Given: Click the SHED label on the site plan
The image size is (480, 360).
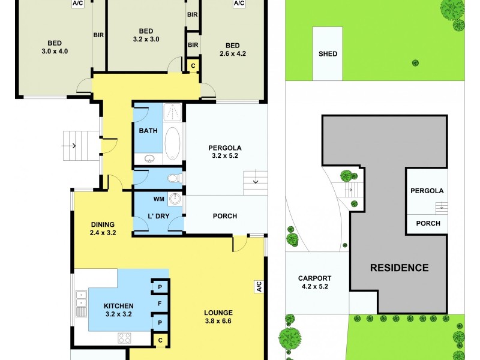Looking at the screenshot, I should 328,54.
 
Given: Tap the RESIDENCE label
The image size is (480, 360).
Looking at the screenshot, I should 399,268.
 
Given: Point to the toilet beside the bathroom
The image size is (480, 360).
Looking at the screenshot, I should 173,178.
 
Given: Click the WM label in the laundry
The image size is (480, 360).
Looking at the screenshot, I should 158,199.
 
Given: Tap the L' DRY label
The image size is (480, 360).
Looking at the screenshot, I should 158,216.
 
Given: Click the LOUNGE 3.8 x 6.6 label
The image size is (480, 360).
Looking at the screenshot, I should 218,316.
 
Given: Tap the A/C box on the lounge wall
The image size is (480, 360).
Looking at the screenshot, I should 259,287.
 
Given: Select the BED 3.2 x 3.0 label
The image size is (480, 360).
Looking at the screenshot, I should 146,35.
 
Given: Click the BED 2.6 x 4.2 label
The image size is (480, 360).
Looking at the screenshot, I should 233,49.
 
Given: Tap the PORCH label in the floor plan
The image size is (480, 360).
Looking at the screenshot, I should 225,216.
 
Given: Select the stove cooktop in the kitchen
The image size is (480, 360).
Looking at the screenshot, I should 125,338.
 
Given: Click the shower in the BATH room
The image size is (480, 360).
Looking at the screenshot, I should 173,112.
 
